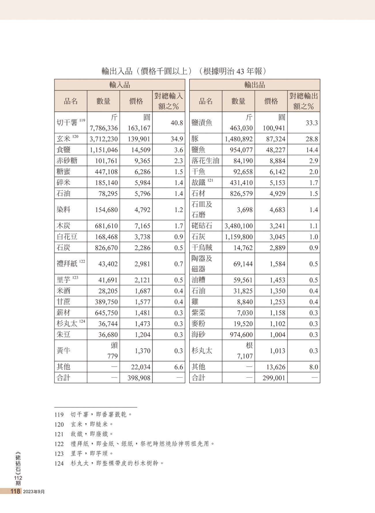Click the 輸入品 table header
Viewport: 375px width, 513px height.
[x=119, y=85]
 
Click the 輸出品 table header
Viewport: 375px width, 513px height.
[x=254, y=85]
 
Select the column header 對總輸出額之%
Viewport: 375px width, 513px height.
[x=303, y=101]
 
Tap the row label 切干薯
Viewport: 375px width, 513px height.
[x=67, y=123]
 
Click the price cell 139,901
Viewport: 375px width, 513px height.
[x=139, y=139]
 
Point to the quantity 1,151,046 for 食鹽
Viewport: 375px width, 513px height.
[x=104, y=150]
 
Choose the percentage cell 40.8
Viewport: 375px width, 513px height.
[x=177, y=123]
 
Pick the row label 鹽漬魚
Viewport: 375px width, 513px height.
[x=202, y=123]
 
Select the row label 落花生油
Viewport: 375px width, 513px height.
[x=205, y=161]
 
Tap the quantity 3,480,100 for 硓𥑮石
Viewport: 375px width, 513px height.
[x=239, y=226]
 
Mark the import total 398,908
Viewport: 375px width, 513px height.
[x=139, y=378]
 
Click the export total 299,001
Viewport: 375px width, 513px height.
[x=274, y=378]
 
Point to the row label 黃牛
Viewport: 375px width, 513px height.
[x=63, y=351]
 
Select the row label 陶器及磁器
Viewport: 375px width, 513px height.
[x=202, y=264]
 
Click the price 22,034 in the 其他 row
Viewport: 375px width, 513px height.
[x=141, y=367]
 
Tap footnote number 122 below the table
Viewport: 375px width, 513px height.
[x=59, y=444]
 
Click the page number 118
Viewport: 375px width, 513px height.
[x=15, y=491]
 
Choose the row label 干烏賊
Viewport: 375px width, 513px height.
[x=202, y=248]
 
